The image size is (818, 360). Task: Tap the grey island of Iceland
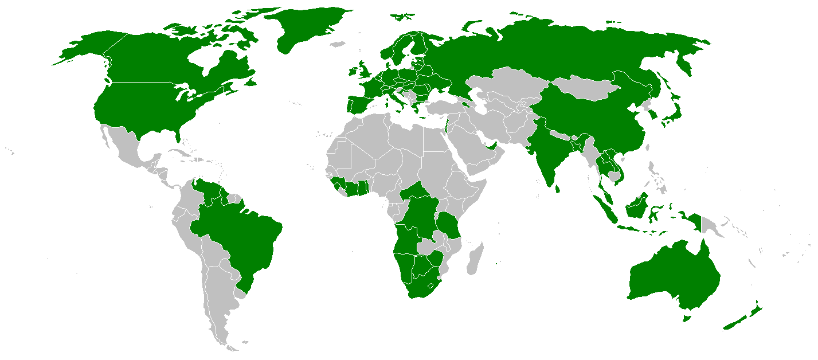(339, 44)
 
